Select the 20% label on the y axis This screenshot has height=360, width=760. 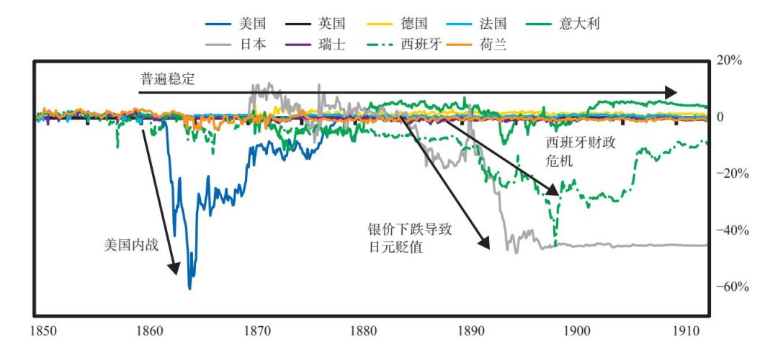[732, 61]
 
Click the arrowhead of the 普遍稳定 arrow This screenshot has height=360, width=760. [671, 92]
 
